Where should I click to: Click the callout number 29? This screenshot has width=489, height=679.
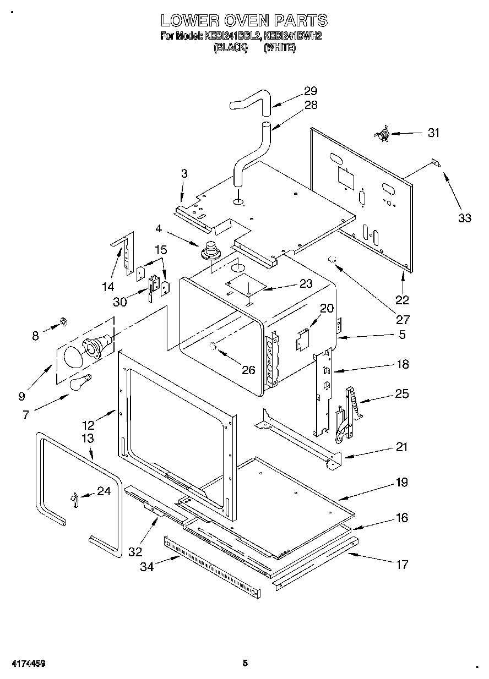coord(311,91)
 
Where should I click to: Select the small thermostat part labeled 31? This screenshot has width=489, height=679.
coord(381,133)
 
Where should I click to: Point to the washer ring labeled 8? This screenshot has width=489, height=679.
coord(62,321)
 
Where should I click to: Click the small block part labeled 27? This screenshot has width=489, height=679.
coord(332,259)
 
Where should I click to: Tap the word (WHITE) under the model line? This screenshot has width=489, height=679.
coord(279,48)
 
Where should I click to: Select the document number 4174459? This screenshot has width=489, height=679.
coord(26,664)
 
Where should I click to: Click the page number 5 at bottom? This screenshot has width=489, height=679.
coord(245,663)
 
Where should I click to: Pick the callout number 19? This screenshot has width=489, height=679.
coord(401,483)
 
